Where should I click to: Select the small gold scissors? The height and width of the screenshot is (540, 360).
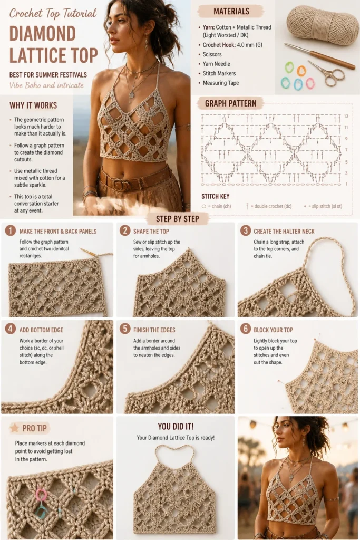(x=326, y=73)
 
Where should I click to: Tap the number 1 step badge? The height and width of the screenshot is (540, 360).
(x=10, y=230)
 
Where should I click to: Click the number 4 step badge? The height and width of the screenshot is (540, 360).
(x=10, y=329)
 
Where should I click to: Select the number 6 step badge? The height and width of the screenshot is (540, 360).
(x=245, y=329)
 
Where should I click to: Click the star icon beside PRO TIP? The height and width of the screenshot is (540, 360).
(x=14, y=428)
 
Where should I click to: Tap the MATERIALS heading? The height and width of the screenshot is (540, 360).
(x=231, y=12)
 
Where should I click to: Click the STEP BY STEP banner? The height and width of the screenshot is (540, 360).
(x=177, y=219)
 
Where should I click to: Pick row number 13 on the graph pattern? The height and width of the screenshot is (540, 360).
(x=346, y=117)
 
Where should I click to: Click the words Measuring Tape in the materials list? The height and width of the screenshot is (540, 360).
(x=221, y=83)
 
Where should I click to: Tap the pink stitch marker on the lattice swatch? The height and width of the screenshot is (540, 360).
(x=41, y=494)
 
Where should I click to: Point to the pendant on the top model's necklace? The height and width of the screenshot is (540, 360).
(x=132, y=94)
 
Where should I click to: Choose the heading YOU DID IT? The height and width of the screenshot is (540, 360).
(x=176, y=426)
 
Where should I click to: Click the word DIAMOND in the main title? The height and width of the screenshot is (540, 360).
(x=42, y=34)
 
